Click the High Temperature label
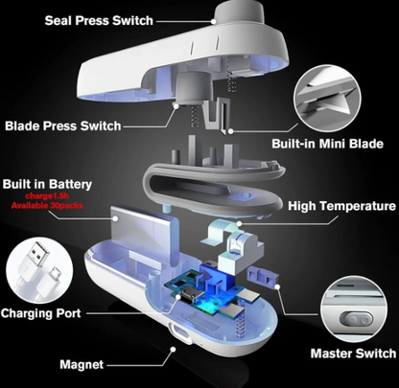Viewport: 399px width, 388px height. [x=340, y=206]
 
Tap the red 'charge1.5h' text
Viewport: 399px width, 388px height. [x=44, y=196]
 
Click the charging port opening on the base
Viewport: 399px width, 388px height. [x=177, y=336]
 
